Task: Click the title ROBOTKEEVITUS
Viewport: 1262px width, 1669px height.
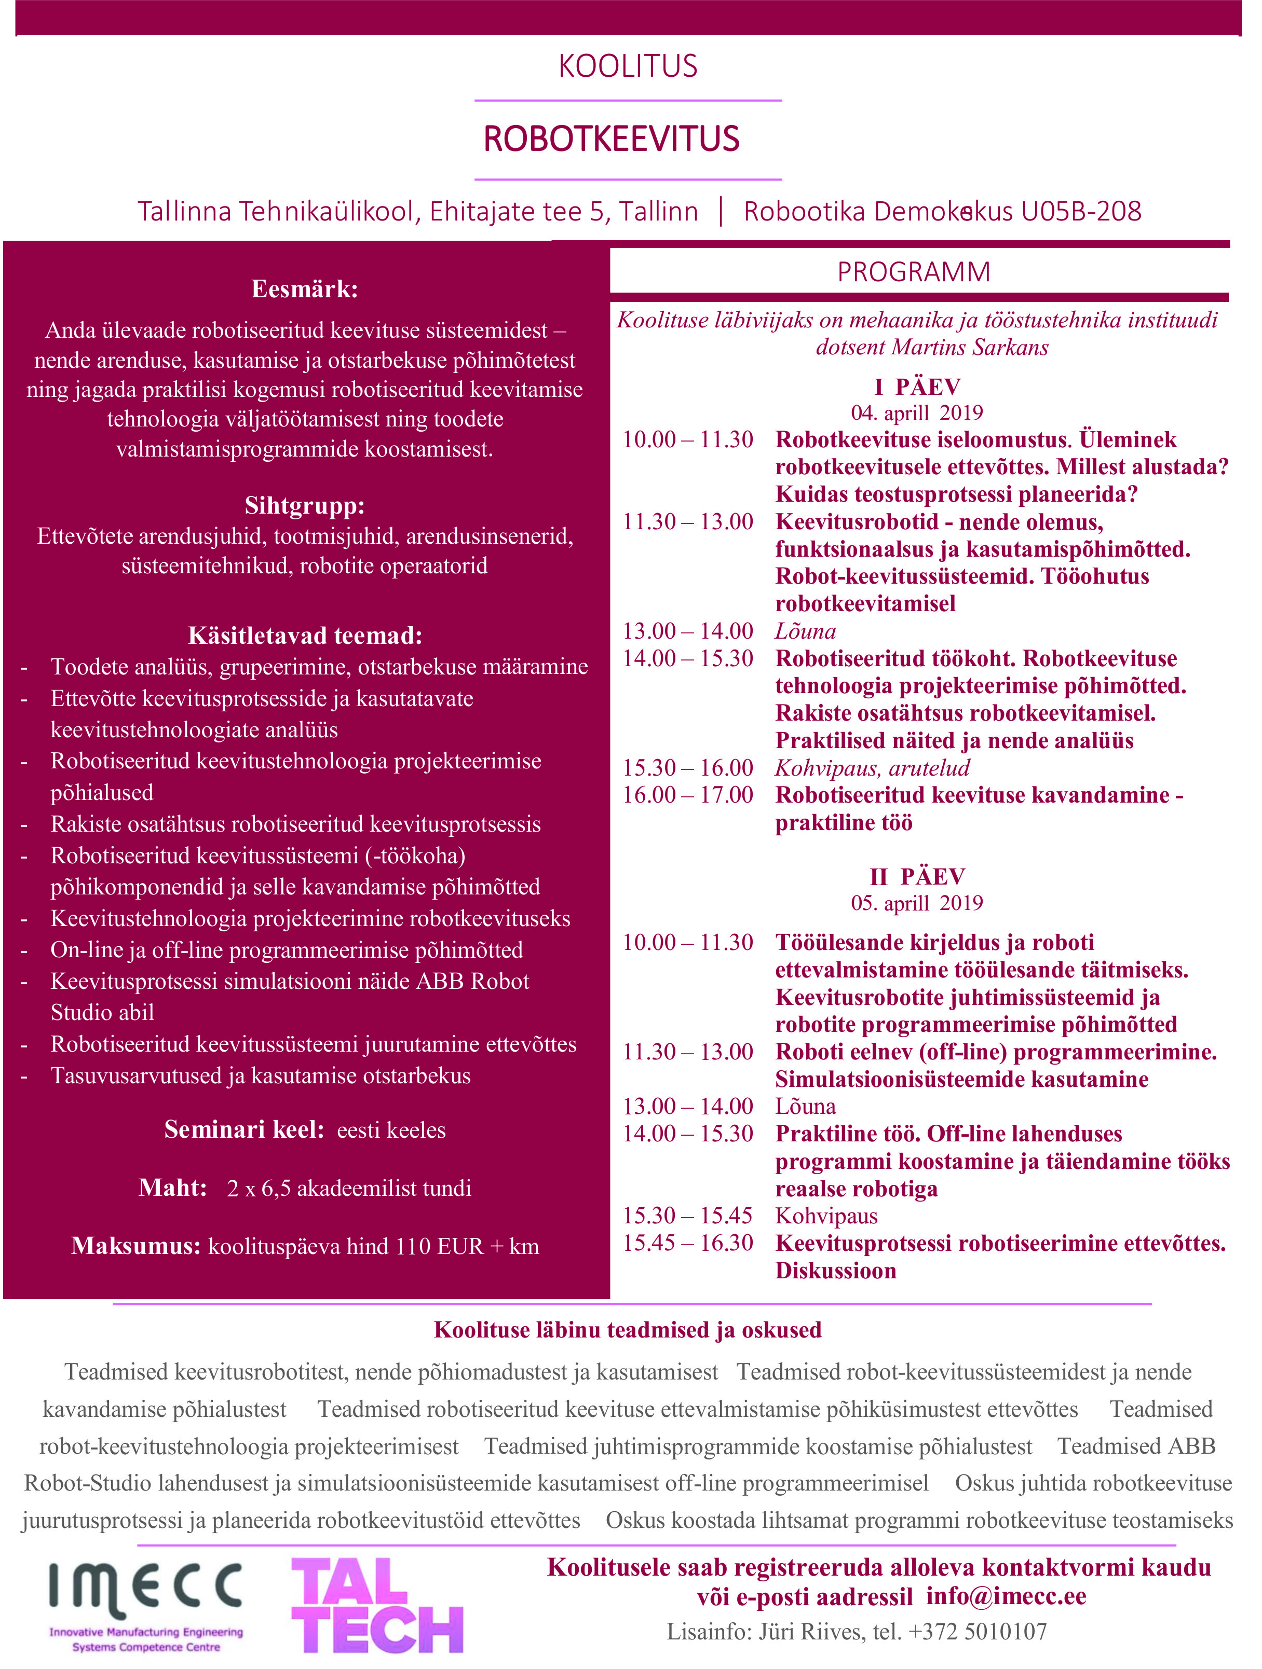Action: click(x=612, y=140)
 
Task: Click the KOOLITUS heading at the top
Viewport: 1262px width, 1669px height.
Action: click(x=628, y=66)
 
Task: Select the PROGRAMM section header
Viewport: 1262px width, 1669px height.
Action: click(x=913, y=272)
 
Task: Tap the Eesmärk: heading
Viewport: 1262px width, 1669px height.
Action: click(x=304, y=289)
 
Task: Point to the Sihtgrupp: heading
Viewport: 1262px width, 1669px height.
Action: click(x=304, y=505)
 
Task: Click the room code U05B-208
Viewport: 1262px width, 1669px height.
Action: click(x=1081, y=211)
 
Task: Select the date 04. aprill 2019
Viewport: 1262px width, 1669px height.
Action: click(x=917, y=413)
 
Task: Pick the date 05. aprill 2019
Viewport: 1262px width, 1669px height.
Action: click(x=917, y=903)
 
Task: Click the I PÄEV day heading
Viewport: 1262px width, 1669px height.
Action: click(x=917, y=387)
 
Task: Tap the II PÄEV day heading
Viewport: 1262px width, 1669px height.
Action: click(x=917, y=877)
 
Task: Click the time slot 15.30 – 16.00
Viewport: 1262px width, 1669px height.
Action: click(x=688, y=768)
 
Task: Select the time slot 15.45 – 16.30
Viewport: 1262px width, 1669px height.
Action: click(x=688, y=1243)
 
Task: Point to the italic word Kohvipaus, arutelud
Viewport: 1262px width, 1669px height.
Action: click(x=872, y=768)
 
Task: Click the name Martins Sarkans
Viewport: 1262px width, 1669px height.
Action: click(x=970, y=347)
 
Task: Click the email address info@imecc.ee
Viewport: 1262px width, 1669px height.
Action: click(x=1006, y=1596)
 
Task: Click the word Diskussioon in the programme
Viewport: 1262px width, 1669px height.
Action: click(x=836, y=1271)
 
